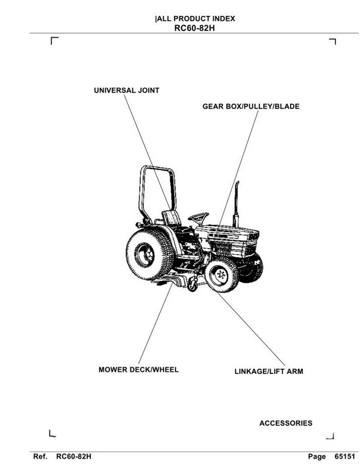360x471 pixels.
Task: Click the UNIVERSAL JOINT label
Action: tap(126, 90)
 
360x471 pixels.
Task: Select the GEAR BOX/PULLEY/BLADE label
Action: tap(251, 107)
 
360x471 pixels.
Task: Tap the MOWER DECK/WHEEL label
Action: tap(139, 370)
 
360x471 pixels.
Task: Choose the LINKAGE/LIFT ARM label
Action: tap(269, 372)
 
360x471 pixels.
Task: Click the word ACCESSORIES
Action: tap(285, 423)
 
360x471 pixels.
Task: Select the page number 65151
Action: tap(345, 457)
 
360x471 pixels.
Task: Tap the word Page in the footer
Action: tap(317, 457)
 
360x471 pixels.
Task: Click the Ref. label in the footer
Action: tap(40, 457)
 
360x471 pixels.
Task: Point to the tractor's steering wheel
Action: tap(198, 217)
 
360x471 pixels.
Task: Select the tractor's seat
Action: tap(171, 218)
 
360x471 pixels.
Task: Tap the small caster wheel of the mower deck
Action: tap(193, 285)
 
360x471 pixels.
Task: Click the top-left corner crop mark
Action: tap(54, 40)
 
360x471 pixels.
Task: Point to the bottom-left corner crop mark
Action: tap(52, 434)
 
